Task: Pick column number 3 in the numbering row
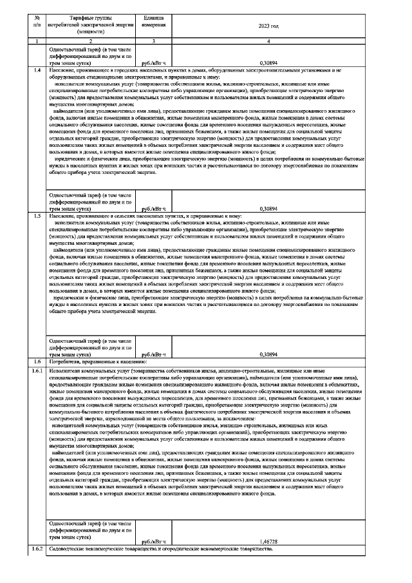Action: point(154,41)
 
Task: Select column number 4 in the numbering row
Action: point(268,41)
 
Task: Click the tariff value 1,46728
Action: point(268,542)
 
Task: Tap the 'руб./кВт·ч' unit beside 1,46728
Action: point(154,542)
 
